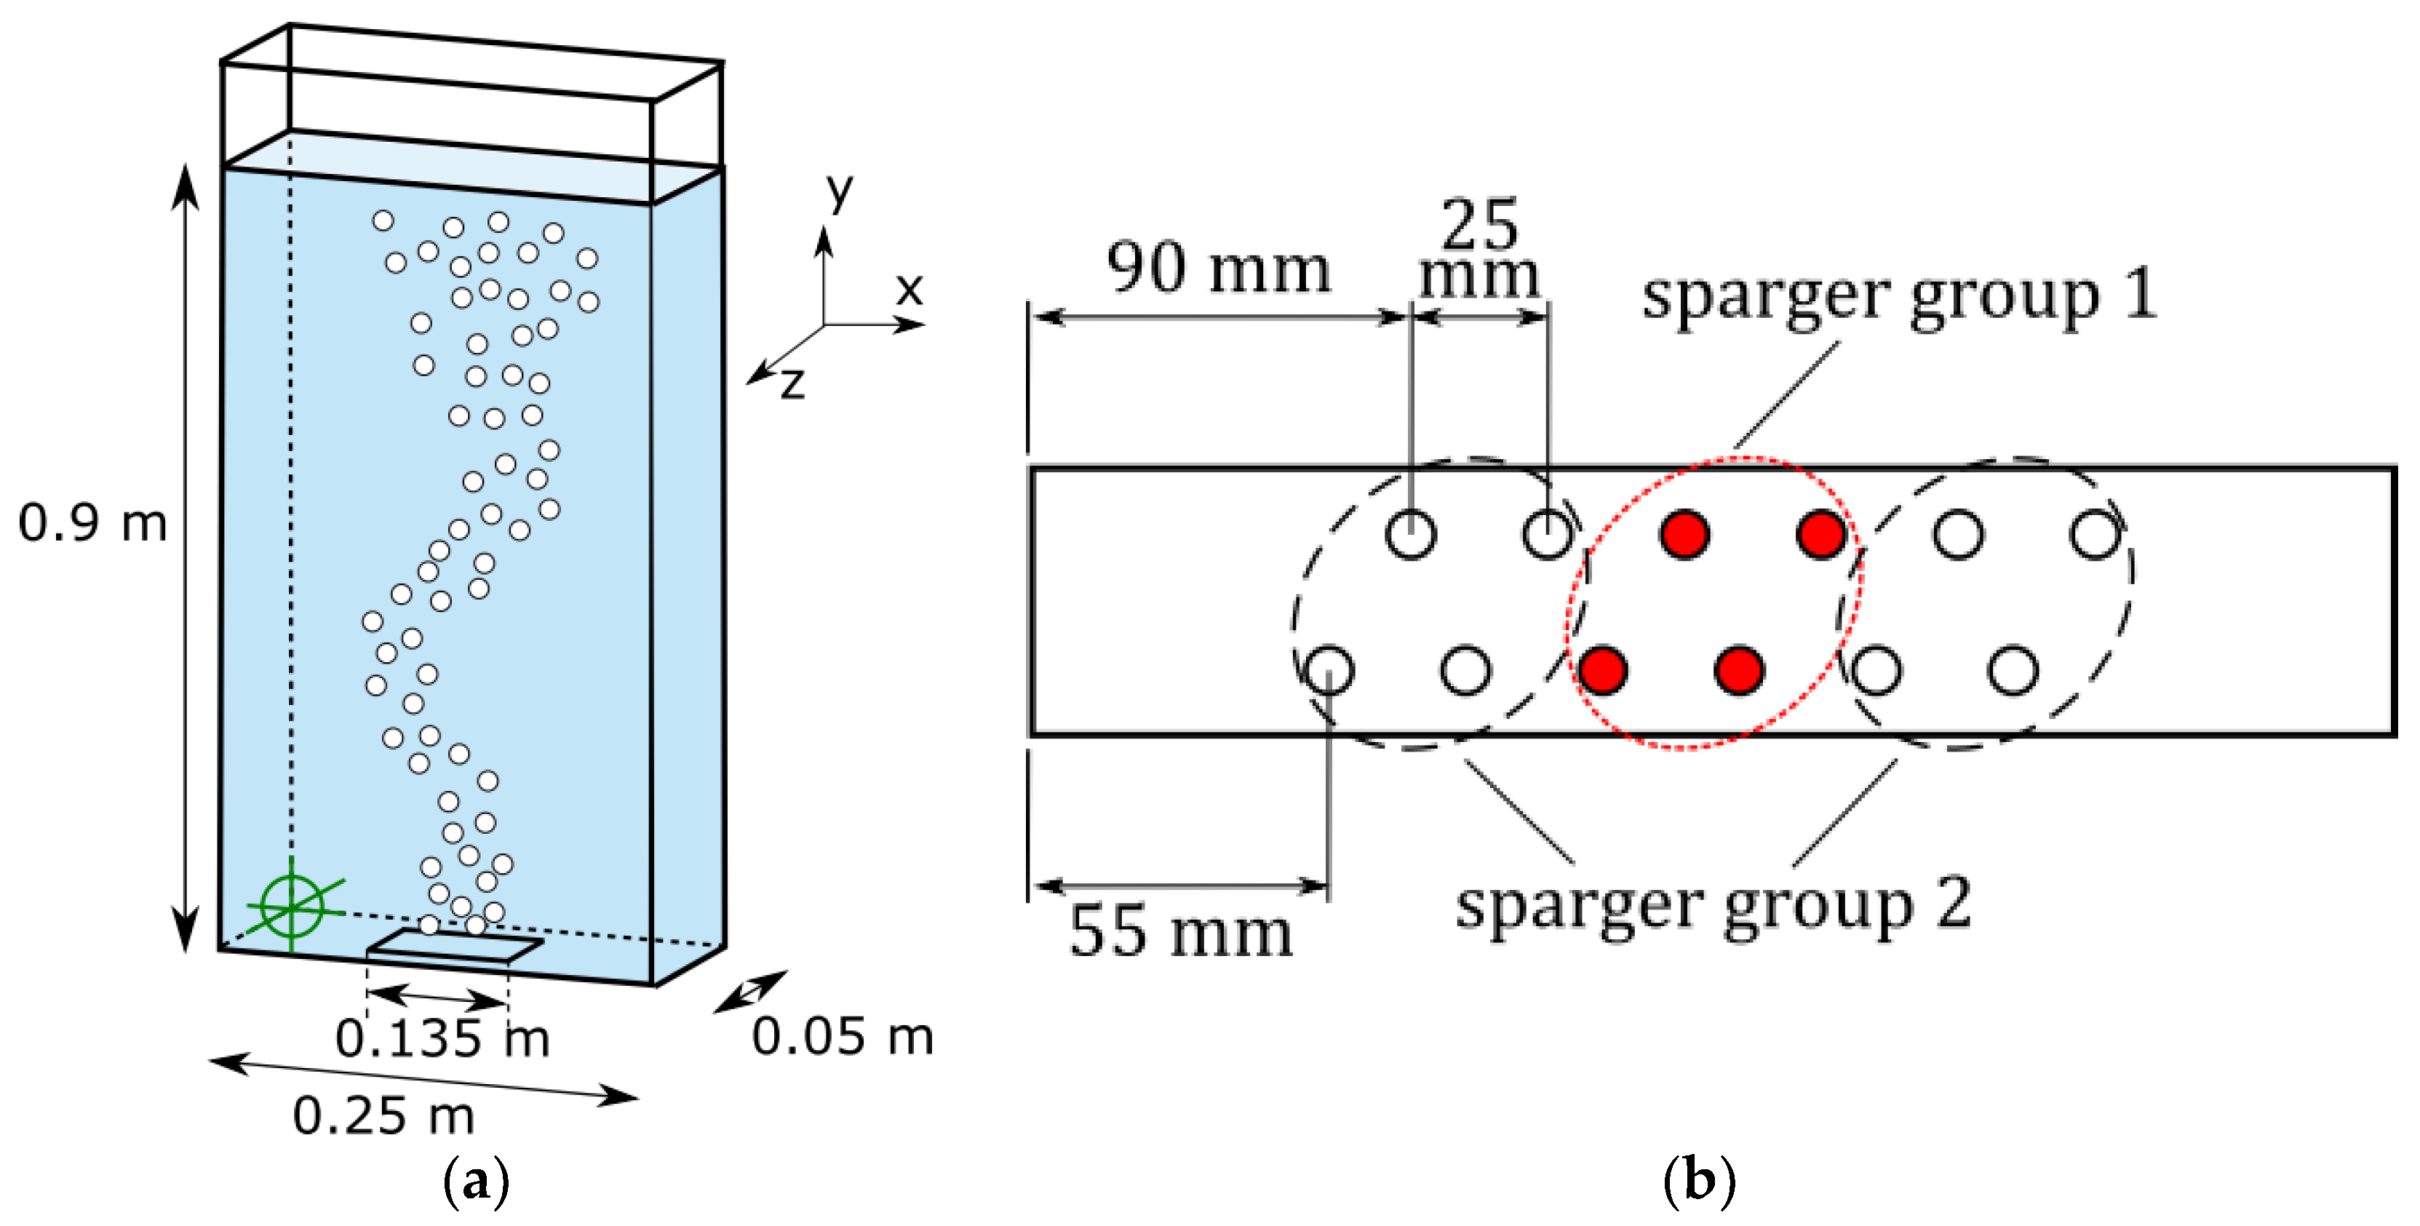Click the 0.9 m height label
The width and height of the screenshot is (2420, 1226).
pyautogui.click(x=92, y=522)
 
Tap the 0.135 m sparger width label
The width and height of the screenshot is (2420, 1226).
pyautogui.click(x=442, y=1039)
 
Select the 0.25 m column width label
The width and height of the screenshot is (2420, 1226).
pyautogui.click(x=383, y=1116)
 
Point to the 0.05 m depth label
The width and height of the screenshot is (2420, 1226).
pyautogui.click(x=843, y=1037)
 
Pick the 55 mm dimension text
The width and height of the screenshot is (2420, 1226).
pyautogui.click(x=1180, y=932)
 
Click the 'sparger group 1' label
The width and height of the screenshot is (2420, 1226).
pyautogui.click(x=1898, y=296)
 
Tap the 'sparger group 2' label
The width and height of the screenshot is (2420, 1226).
pyautogui.click(x=1713, y=904)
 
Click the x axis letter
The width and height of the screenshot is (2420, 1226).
pyautogui.click(x=909, y=290)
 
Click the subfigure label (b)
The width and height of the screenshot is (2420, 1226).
pyautogui.click(x=1698, y=1181)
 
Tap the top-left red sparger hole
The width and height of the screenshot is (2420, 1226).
pyautogui.click(x=1684, y=535)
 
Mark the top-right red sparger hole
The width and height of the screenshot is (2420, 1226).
pyautogui.click(x=1820, y=535)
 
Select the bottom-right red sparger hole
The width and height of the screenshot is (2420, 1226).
pyautogui.click(x=1739, y=670)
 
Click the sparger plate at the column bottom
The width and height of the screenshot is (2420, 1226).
pyautogui.click(x=455, y=945)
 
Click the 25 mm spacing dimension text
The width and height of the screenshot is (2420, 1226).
pyautogui.click(x=1478, y=250)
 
